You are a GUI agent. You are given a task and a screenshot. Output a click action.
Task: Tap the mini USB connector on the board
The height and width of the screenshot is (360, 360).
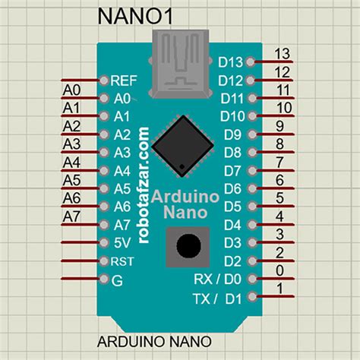[181, 66]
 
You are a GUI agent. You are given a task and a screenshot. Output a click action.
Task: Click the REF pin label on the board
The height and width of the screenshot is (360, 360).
[123, 80]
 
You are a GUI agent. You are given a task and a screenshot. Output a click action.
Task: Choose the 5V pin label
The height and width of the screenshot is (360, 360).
[122, 243]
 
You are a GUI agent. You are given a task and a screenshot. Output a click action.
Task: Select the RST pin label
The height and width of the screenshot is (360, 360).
[122, 261]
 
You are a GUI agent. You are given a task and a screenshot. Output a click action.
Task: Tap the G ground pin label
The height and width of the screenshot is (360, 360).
[117, 279]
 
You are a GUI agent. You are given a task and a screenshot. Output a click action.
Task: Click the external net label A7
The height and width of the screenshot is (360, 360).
[72, 217]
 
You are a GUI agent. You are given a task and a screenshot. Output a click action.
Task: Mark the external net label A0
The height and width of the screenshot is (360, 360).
[72, 90]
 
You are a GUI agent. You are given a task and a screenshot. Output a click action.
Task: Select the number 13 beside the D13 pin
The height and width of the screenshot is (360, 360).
[282, 54]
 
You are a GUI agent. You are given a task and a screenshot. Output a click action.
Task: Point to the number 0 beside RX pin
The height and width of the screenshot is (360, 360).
[280, 271]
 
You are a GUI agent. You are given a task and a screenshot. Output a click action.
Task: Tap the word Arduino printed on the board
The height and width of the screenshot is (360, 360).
[187, 196]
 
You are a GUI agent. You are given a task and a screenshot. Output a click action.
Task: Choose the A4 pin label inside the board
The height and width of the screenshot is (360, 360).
[122, 171]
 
